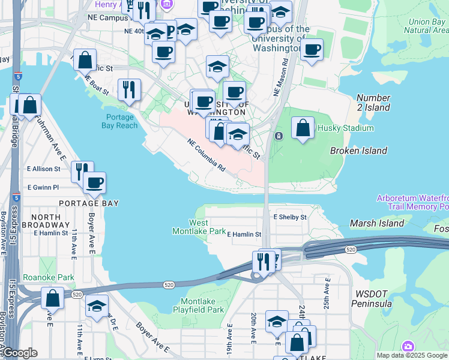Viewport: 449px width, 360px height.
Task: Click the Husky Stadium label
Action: pos(341,128)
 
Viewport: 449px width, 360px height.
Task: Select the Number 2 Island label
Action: pos(373,103)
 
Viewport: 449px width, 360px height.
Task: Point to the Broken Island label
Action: pos(358,151)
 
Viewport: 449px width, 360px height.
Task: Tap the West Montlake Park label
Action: pos(199,226)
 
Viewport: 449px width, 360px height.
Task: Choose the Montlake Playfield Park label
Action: pos(202,304)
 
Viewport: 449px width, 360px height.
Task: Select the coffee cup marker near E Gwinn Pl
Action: pos(94,182)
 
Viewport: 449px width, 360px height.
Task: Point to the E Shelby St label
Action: pos(290,217)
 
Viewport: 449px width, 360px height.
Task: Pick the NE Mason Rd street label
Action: pos(281,77)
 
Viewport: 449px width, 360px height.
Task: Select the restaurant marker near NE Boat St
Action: pos(129,89)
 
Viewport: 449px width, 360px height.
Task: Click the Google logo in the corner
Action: pos(19,353)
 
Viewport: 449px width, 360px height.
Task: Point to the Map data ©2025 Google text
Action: pos(412,355)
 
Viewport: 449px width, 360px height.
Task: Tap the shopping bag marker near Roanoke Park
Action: pos(53,298)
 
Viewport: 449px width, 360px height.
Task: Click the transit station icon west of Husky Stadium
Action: pos(279,136)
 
